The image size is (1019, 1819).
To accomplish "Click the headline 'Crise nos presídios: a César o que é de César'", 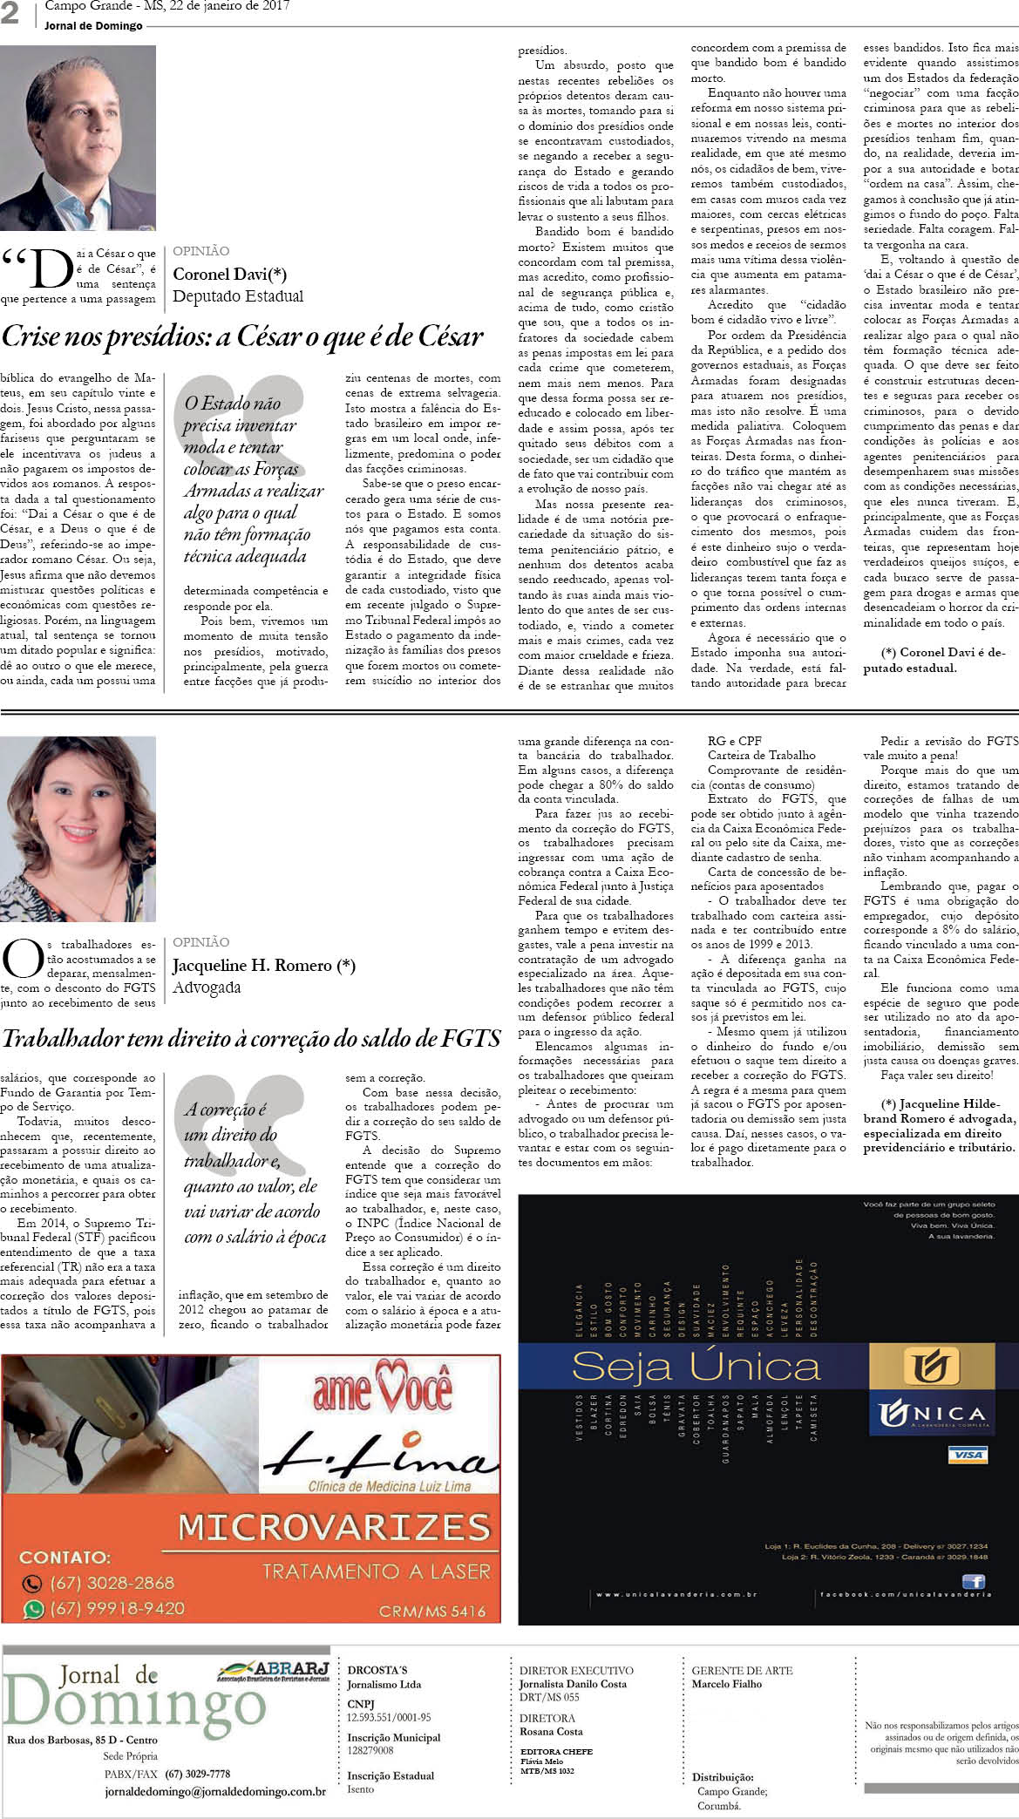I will pos(242,336).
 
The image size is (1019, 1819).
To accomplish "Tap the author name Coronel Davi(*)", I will pos(229,275).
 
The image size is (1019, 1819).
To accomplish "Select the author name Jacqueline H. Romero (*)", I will pos(263,966).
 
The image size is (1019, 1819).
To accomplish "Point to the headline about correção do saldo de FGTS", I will pos(251,1038).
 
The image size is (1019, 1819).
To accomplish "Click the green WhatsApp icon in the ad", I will pos(33,1609).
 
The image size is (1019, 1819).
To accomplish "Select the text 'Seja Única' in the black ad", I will pos(696,1367).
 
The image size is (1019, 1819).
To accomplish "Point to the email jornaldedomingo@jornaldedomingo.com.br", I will pos(215,1792).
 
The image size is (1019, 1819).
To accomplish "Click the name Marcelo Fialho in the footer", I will pos(726,1684).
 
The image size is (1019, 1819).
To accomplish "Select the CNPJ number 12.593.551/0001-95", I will pos(389,1717).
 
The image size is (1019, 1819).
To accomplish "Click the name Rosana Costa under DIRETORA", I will pos(551,1731).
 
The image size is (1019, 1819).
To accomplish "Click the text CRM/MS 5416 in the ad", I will pos(431,1611).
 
